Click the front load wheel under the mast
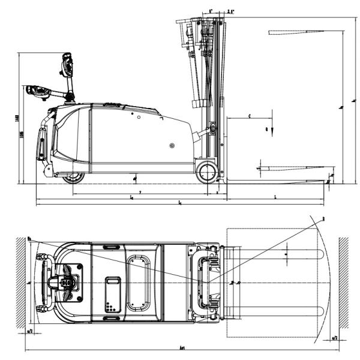click(x=206, y=172)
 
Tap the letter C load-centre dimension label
click(x=248, y=114)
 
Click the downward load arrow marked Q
click(x=271, y=130)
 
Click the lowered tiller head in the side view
click(x=37, y=92)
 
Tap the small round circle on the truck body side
click(x=172, y=145)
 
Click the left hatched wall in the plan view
click(x=20, y=282)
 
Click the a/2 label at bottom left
click(x=29, y=330)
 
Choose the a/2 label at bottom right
click(x=334, y=338)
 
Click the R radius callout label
click(x=323, y=219)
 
